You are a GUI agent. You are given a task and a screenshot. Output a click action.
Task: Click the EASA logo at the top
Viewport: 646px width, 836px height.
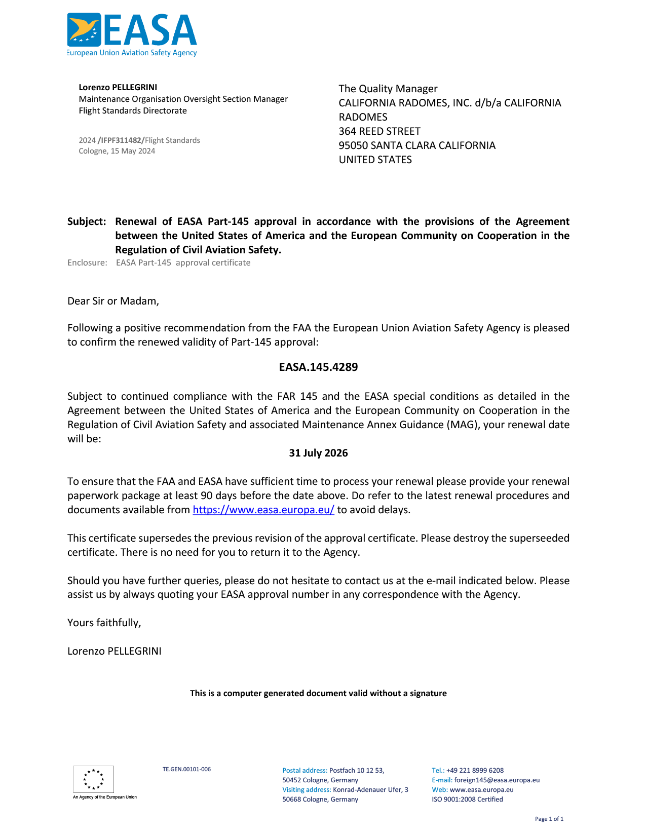132,34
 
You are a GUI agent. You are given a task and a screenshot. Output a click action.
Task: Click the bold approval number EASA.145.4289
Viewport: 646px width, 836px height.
318,367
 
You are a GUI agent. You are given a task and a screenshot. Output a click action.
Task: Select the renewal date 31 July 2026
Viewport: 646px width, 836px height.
318,453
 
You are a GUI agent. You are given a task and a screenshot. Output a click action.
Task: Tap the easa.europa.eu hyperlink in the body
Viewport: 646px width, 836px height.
263,510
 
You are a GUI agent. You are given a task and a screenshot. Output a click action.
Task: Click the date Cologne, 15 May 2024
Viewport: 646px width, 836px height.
117,151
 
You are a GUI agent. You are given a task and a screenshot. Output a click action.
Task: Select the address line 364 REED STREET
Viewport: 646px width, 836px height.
379,131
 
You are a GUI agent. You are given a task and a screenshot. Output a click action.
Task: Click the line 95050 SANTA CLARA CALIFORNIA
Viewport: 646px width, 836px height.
417,145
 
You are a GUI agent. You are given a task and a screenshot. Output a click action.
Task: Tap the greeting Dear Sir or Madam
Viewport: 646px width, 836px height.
113,301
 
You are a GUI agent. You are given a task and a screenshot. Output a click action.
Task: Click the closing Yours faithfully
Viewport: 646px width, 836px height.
104,623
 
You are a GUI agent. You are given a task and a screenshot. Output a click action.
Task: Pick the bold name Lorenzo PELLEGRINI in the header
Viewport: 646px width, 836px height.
118,87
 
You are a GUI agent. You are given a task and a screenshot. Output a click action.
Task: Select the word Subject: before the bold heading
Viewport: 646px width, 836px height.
87,221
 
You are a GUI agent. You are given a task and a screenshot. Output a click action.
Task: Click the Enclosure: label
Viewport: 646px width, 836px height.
87,262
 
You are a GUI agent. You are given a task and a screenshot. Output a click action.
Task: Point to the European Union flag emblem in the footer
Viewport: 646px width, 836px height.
93,779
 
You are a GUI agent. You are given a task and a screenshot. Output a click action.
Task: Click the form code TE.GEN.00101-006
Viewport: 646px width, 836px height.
186,769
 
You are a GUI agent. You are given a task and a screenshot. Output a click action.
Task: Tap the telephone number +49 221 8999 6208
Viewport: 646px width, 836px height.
475,770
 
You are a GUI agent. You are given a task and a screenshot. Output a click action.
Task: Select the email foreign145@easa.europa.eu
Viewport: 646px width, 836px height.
497,780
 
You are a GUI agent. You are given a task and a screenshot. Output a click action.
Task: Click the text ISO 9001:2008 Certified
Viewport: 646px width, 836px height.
467,799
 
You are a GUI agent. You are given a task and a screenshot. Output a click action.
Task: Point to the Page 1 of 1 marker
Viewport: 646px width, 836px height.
549,819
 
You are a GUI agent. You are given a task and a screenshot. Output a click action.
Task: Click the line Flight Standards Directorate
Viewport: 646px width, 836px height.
133,110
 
